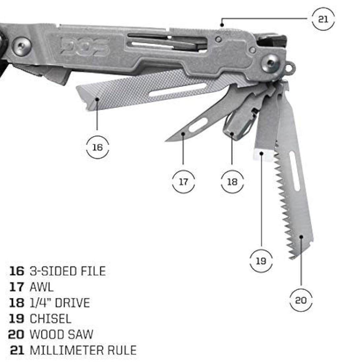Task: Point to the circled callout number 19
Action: [261, 261]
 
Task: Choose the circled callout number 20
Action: [301, 301]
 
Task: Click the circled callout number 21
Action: [323, 19]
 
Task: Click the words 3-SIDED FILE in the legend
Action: [68, 271]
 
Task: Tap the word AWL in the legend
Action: [42, 287]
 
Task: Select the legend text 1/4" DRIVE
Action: [60, 303]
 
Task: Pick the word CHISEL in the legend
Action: [50, 318]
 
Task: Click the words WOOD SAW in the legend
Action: [61, 334]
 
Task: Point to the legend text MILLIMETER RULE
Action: [83, 350]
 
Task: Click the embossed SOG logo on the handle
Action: [85, 46]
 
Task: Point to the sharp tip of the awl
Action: [166, 141]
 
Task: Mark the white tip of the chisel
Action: [263, 154]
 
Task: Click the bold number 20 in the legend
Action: [16, 334]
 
